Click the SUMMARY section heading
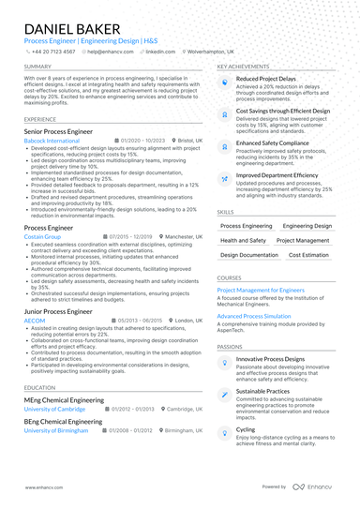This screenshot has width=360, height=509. [38, 67]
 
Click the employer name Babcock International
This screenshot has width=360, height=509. [52, 140]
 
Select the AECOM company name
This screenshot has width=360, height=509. [36, 320]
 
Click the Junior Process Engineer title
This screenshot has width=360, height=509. [58, 310]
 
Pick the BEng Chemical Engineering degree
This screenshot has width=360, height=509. [63, 422]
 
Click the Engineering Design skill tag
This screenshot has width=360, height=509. [307, 226]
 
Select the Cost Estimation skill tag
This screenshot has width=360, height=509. [308, 254]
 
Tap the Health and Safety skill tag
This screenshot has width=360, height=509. [243, 240]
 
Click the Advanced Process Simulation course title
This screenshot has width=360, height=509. [253, 316]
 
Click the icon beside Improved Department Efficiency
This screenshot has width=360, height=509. [225, 176]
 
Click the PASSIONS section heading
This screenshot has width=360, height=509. [230, 346]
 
